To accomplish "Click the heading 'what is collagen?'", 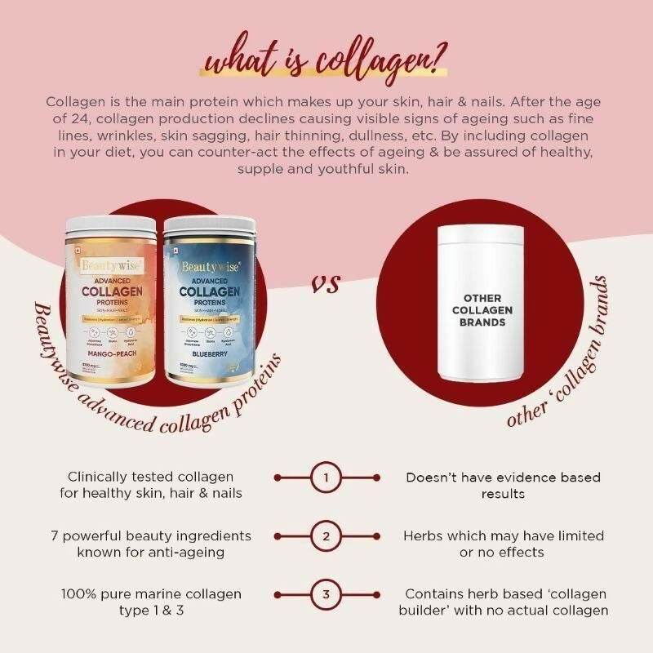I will pos(327,62).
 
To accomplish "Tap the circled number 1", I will pos(326,478).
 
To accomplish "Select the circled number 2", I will pos(326,537).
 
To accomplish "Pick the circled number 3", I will pos(326,594).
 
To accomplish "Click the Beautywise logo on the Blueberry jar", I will pos(210,266).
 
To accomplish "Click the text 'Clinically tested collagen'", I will pos(151,477).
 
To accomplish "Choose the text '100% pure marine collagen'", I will pos(151,594).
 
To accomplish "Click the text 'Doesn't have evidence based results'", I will pos(503,485).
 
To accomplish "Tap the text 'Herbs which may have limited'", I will pos(504,536).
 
